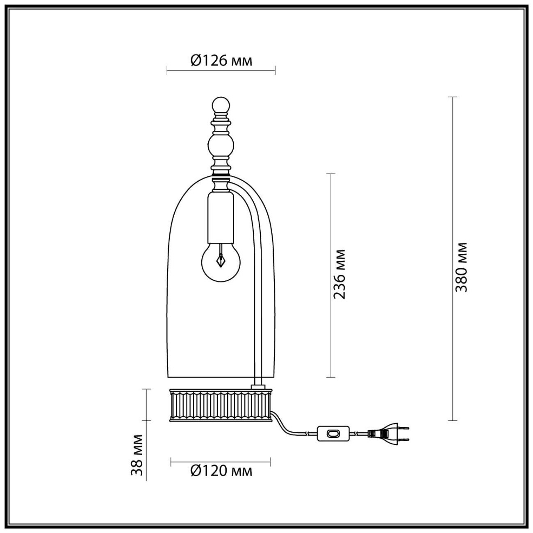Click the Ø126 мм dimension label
pyautogui.click(x=221, y=61)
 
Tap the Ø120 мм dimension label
pyautogui.click(x=221, y=471)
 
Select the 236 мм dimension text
pyautogui.click(x=340, y=274)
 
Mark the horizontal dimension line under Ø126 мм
pyautogui.click(x=221, y=71)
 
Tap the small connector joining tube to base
pyautogui.click(x=258, y=386)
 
